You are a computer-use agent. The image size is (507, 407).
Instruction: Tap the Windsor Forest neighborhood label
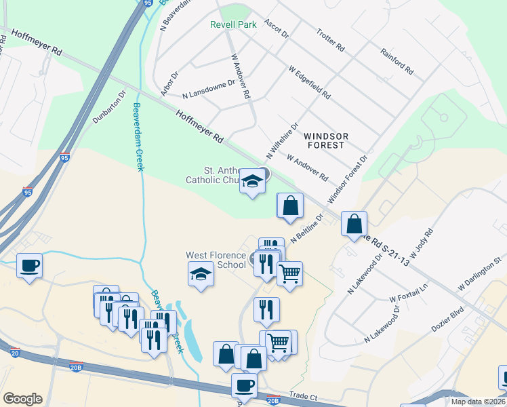(325, 140)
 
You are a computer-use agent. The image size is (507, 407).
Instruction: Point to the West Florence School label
(216, 260)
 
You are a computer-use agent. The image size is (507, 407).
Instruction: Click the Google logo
(22, 399)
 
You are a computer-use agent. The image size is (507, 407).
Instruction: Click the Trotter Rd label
(331, 41)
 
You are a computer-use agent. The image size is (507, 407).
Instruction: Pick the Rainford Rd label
(397, 60)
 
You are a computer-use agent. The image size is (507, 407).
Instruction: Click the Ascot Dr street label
(276, 28)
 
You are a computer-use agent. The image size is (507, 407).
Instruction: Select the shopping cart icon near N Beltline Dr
(289, 273)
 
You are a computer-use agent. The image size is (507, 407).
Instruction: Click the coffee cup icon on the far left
(29, 265)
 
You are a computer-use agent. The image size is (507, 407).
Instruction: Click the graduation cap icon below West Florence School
(200, 275)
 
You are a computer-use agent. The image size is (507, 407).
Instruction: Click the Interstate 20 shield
(16, 353)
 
